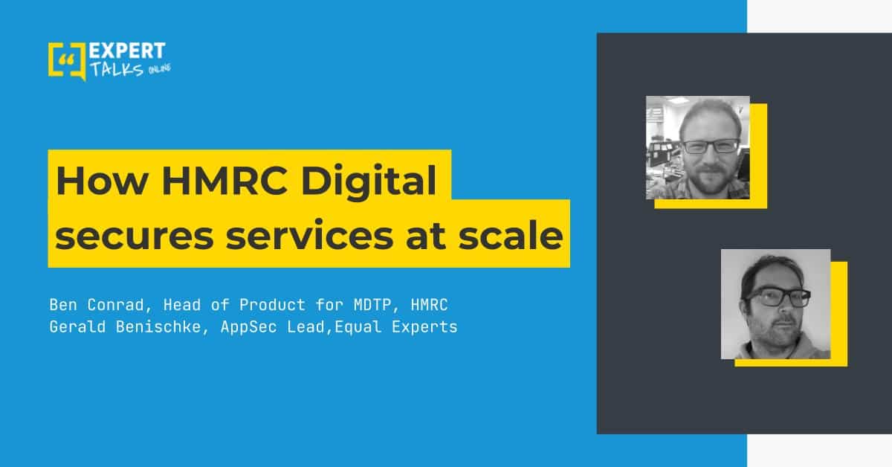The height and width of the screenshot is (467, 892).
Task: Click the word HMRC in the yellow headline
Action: click(224, 181)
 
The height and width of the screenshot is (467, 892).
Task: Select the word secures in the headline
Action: click(135, 236)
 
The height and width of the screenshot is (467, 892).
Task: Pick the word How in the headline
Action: click(102, 181)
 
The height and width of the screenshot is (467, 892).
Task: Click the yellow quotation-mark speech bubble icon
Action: click(67, 61)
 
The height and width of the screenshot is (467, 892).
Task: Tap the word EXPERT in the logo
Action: click(127, 51)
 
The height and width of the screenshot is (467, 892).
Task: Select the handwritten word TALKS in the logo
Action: click(117, 69)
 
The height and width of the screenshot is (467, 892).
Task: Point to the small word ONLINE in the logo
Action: click(160, 69)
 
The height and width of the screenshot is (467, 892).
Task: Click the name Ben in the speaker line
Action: click(63, 305)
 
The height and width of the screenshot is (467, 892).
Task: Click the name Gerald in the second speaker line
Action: click(77, 327)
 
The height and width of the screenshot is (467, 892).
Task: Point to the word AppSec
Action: click(248, 328)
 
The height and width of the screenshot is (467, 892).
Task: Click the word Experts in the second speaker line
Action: click(424, 328)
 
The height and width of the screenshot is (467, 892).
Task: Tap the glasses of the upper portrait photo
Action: click(711, 146)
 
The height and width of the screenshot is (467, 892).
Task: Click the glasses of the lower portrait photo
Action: click(778, 297)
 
